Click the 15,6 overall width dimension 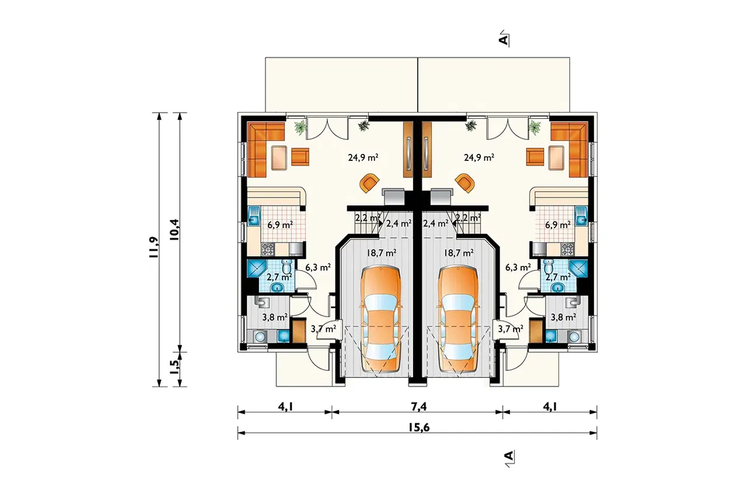418,427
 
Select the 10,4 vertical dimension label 174,230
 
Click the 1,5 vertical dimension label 174,367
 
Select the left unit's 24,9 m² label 363,157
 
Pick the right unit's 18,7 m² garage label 459,253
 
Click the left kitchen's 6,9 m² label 280,225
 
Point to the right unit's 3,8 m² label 563,317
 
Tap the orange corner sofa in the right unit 570,149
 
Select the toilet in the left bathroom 287,266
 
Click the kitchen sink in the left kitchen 254,216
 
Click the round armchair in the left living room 369,183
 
